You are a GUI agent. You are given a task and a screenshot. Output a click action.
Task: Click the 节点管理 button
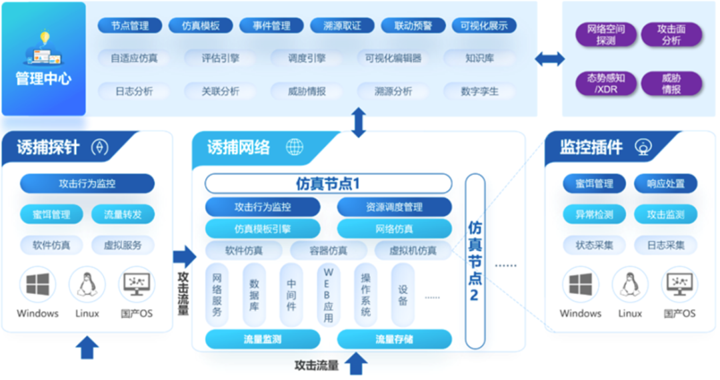130,26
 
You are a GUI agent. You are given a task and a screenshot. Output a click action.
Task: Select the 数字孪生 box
479,91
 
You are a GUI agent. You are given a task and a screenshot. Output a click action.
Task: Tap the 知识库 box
479,58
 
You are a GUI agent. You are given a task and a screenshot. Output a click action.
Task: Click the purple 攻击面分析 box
671,35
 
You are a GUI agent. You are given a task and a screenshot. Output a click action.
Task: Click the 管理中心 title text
43,79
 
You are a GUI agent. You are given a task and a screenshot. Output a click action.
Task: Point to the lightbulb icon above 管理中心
45,38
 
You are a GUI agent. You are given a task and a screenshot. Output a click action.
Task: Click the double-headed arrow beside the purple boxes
549,59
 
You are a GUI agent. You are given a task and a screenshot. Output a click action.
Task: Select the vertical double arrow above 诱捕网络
359,122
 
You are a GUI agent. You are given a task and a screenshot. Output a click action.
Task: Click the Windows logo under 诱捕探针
37,285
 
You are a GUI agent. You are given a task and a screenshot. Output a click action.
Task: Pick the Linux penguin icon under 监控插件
629,285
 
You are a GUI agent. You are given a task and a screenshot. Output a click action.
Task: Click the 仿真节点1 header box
328,184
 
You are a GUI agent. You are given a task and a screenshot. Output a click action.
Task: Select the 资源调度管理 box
394,207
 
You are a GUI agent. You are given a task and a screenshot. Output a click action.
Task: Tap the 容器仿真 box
328,251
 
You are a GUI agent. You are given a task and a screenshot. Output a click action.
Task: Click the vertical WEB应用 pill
328,295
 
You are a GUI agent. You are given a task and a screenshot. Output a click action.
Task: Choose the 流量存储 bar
394,339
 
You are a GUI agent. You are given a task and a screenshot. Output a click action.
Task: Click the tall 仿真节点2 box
475,261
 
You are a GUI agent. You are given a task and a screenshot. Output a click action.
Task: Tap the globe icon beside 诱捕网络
294,147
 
